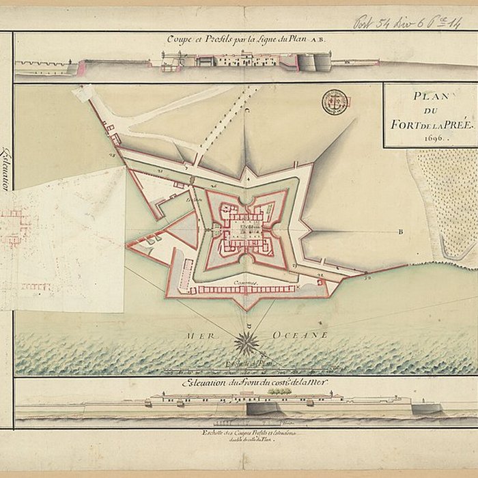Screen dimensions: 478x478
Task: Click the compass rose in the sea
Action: click(247, 342)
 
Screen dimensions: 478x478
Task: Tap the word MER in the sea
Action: click(195, 336)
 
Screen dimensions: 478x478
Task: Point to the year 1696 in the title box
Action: click(430, 137)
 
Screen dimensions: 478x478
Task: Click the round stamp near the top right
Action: click(335, 102)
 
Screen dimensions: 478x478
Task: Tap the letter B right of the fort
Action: click(401, 231)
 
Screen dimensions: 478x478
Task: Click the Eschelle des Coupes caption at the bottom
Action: click(246, 435)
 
